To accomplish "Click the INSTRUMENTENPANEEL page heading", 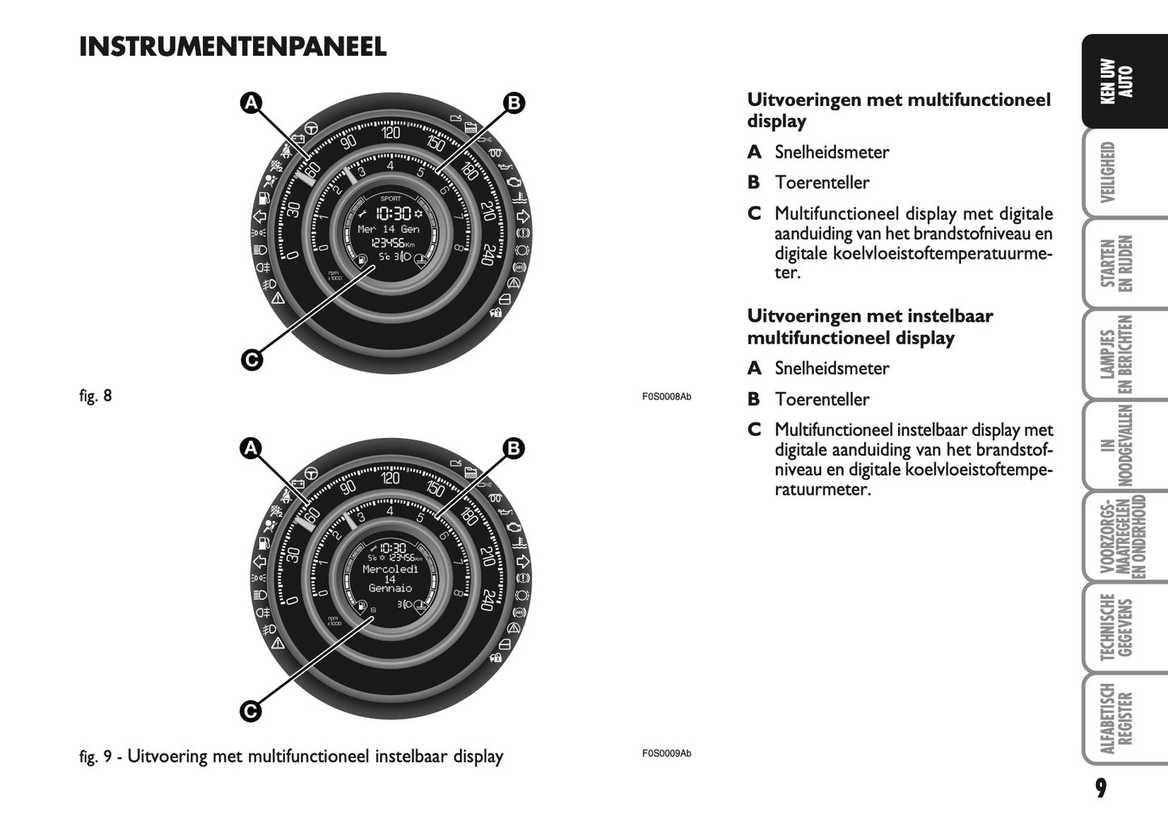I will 233,47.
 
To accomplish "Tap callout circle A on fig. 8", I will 251,103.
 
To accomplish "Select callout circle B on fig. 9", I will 513,448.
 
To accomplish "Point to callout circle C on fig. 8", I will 251,360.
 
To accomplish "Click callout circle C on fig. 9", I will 251,711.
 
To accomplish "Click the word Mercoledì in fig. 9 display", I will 390,569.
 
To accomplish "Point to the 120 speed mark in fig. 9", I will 390,479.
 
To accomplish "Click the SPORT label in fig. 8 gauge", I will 390,198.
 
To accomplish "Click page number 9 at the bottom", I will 1101,787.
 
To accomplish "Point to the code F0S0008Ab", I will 667,397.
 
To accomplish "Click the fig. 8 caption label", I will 95,396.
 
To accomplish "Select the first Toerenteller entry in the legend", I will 821,183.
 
